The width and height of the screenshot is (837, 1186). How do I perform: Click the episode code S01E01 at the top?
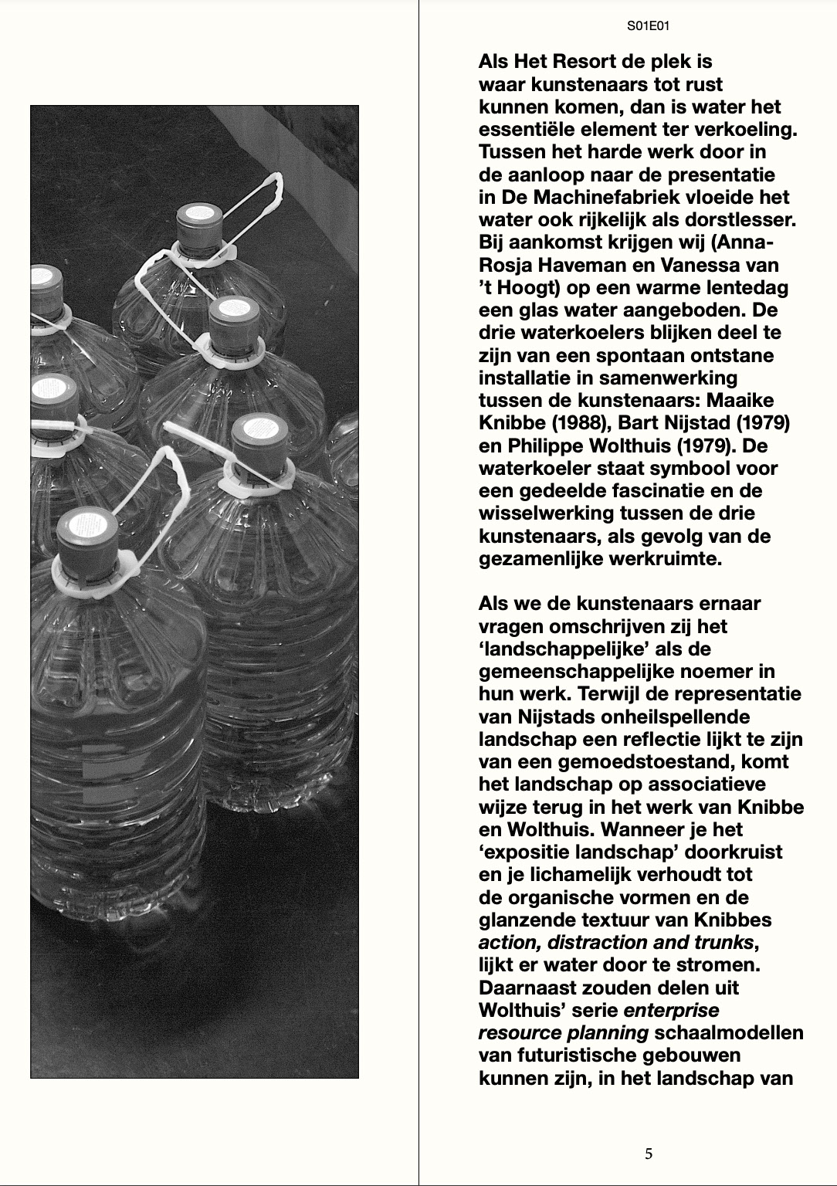648,26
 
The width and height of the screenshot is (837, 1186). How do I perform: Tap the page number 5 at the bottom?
649,1154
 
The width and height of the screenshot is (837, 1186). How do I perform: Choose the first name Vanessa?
710,265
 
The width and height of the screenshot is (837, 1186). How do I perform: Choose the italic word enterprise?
672,1010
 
